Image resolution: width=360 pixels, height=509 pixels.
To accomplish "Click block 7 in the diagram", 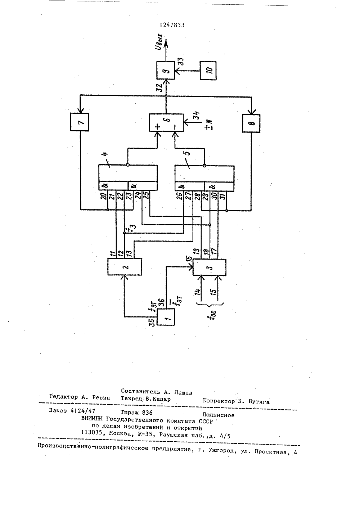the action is click(80, 122).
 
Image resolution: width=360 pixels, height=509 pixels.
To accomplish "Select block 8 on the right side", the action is click(251, 123).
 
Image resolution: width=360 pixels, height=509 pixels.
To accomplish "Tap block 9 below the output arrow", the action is click(166, 71).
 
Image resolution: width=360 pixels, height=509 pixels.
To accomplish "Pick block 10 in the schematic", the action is click(208, 71).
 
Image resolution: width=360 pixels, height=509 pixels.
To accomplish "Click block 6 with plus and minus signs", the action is click(166, 122).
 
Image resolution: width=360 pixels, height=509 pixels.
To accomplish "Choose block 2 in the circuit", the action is click(125, 266).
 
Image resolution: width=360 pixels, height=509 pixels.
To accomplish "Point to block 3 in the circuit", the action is click(210, 267).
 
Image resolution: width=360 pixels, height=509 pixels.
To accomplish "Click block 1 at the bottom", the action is click(166, 317).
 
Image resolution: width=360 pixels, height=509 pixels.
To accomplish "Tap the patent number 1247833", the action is click(172, 25).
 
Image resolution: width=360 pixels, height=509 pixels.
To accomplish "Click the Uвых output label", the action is click(160, 42).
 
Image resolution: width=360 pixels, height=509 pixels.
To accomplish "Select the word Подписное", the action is click(218, 415).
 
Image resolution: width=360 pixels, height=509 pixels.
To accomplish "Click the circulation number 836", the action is click(147, 413).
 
